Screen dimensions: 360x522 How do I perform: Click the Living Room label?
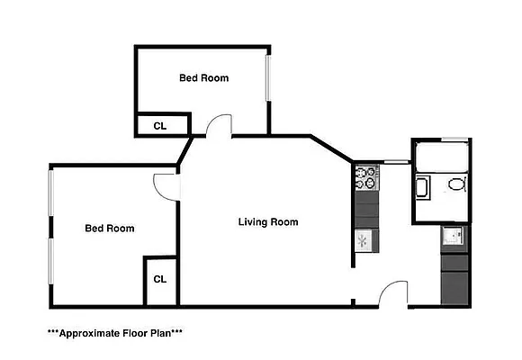pyautogui.click(x=268, y=221)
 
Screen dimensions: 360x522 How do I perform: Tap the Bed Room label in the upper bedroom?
pyautogui.click(x=203, y=78)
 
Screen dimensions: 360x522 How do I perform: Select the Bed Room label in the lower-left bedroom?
pyautogui.click(x=109, y=229)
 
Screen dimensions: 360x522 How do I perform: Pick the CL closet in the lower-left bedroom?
pyautogui.click(x=159, y=280)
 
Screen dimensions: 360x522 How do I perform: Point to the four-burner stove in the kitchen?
pyautogui.click(x=367, y=177)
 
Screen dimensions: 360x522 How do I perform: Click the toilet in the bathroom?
pyautogui.click(x=455, y=187)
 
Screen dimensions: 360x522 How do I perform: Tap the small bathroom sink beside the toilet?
pyautogui.click(x=421, y=189)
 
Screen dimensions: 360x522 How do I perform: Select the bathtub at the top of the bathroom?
pyautogui.click(x=441, y=158)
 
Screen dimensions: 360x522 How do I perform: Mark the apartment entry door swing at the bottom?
pyautogui.click(x=394, y=292)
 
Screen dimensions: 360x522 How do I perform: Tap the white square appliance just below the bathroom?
pyautogui.click(x=453, y=236)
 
